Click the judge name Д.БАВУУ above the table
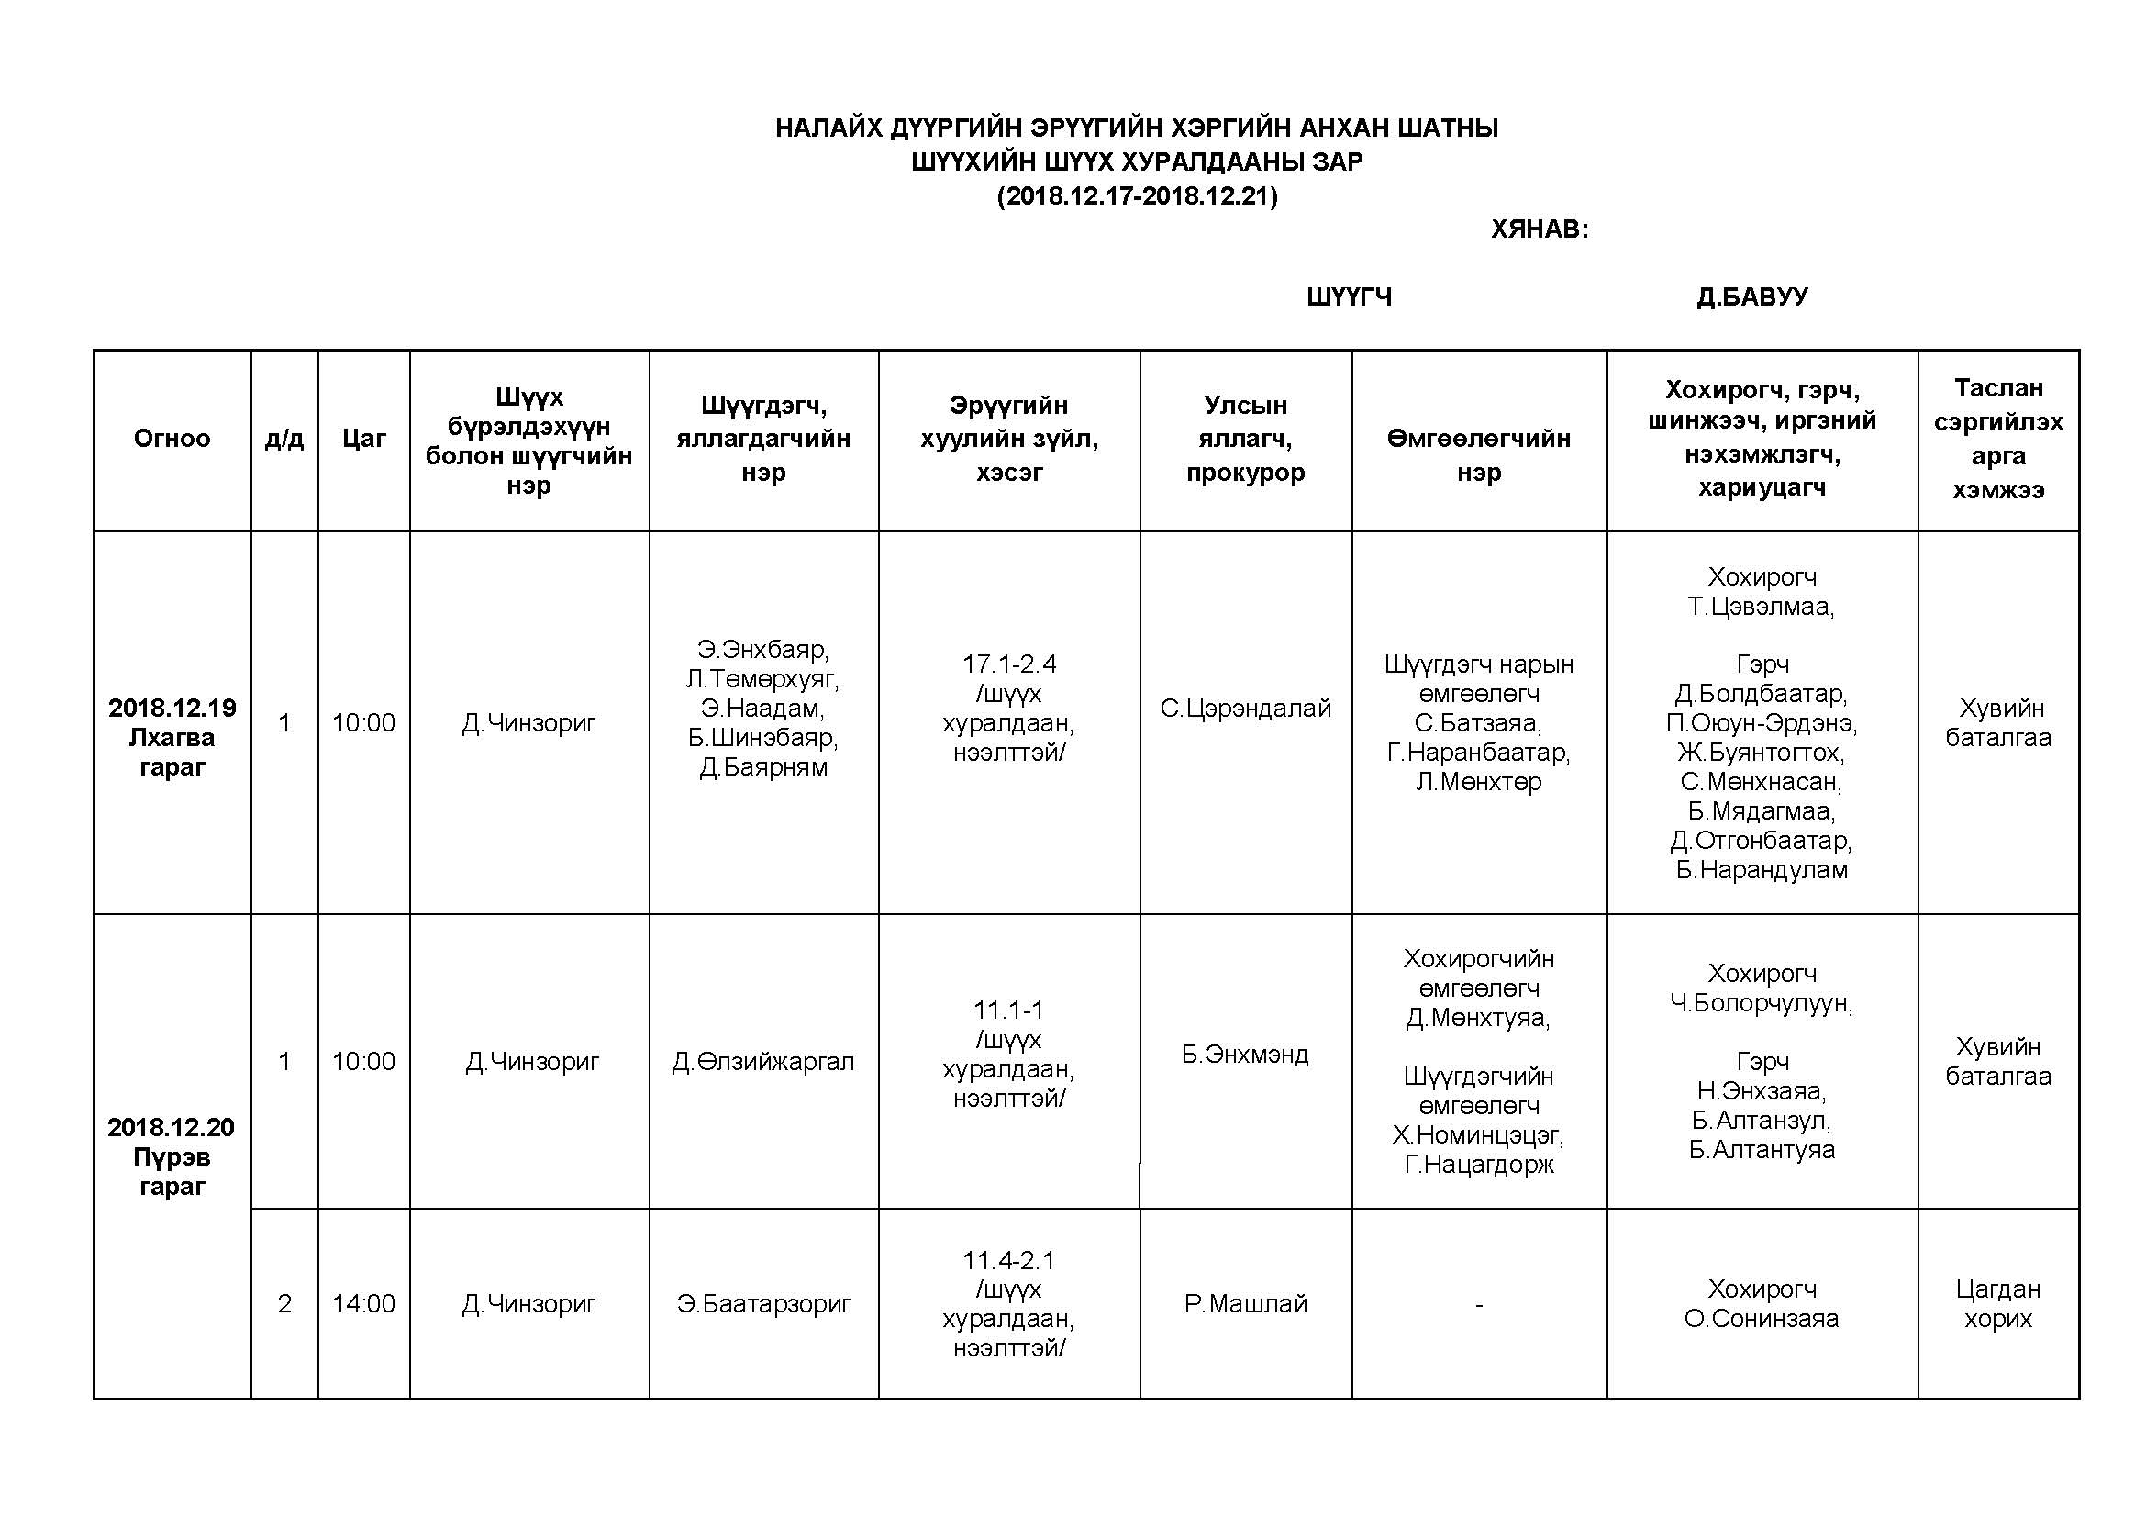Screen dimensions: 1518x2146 pyautogui.click(x=1751, y=296)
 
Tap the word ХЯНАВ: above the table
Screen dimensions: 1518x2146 pyautogui.click(x=1539, y=229)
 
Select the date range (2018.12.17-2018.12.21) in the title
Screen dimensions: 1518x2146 pyautogui.click(x=1137, y=196)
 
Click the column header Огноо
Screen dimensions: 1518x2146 pyautogui.click(x=172, y=439)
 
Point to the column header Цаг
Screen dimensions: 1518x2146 pyautogui.click(x=363, y=439)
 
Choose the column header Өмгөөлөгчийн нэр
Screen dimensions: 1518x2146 pyautogui.click(x=1479, y=454)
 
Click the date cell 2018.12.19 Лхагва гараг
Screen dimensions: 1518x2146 pyautogui.click(x=172, y=737)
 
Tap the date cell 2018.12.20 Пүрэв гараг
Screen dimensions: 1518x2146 pyautogui.click(x=172, y=1156)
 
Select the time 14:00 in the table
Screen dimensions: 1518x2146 pyautogui.click(x=363, y=1303)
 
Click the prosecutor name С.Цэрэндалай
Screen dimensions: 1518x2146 pyautogui.click(x=1245, y=709)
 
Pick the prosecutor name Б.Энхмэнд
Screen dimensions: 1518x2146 pyautogui.click(x=1245, y=1055)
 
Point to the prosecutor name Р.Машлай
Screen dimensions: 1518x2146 pyautogui.click(x=1245, y=1303)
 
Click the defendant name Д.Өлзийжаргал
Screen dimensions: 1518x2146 pyautogui.click(x=762, y=1062)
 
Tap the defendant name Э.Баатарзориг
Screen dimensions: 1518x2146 pyautogui.click(x=762, y=1303)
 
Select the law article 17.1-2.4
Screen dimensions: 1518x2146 pyautogui.click(x=1008, y=664)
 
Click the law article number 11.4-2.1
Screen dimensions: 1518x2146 pyautogui.click(x=1008, y=1260)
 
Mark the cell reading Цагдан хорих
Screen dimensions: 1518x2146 pyautogui.click(x=1997, y=1303)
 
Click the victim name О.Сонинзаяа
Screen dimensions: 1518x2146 pyautogui.click(x=1761, y=1319)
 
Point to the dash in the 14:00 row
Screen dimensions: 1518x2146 pyautogui.click(x=1479, y=1304)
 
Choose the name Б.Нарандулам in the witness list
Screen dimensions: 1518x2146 pyautogui.click(x=1761, y=870)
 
